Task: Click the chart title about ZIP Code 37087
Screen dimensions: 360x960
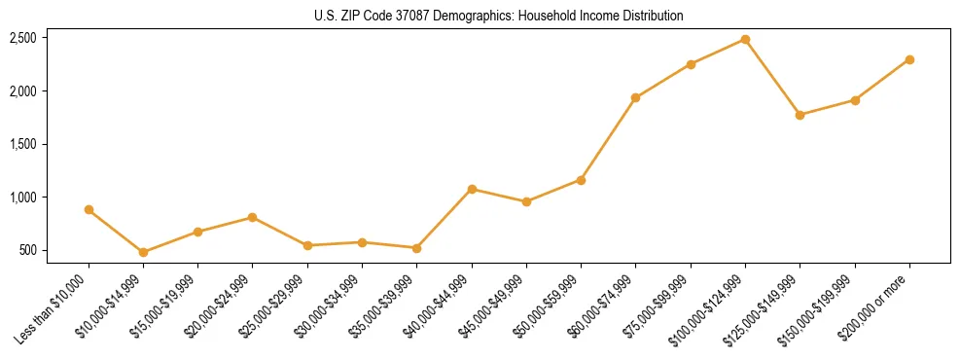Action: click(499, 17)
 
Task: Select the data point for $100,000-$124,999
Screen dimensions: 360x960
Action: click(745, 39)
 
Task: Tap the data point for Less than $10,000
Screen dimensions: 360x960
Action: click(89, 209)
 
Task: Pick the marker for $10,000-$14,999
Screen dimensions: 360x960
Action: click(143, 252)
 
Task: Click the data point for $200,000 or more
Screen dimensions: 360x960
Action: click(909, 59)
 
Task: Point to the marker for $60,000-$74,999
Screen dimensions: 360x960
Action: click(635, 97)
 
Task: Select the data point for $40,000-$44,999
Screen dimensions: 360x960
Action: click(472, 189)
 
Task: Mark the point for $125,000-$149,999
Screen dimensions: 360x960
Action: click(800, 115)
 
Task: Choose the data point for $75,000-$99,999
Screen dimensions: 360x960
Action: click(691, 64)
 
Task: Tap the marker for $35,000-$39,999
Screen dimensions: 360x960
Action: click(416, 248)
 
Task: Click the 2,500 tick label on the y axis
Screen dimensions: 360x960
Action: click(23, 38)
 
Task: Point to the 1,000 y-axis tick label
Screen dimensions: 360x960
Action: click(23, 198)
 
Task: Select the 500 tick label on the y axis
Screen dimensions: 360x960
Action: click(28, 251)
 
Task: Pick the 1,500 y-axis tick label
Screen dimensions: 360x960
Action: click(23, 144)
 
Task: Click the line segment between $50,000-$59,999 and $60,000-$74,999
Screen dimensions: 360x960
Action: click(608, 139)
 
